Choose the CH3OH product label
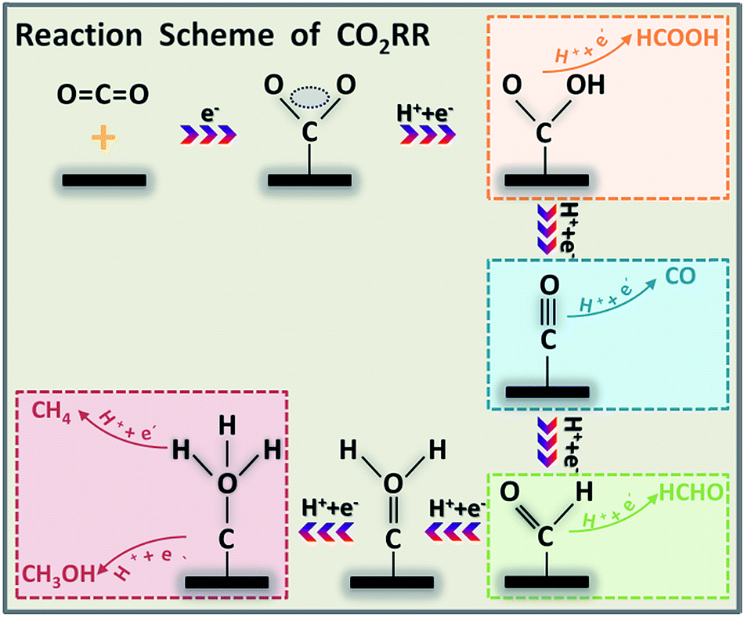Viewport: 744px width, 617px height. [56, 574]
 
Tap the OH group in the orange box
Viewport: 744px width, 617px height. [591, 84]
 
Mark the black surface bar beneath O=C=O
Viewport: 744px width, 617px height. [104, 180]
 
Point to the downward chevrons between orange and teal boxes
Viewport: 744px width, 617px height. [546, 229]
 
